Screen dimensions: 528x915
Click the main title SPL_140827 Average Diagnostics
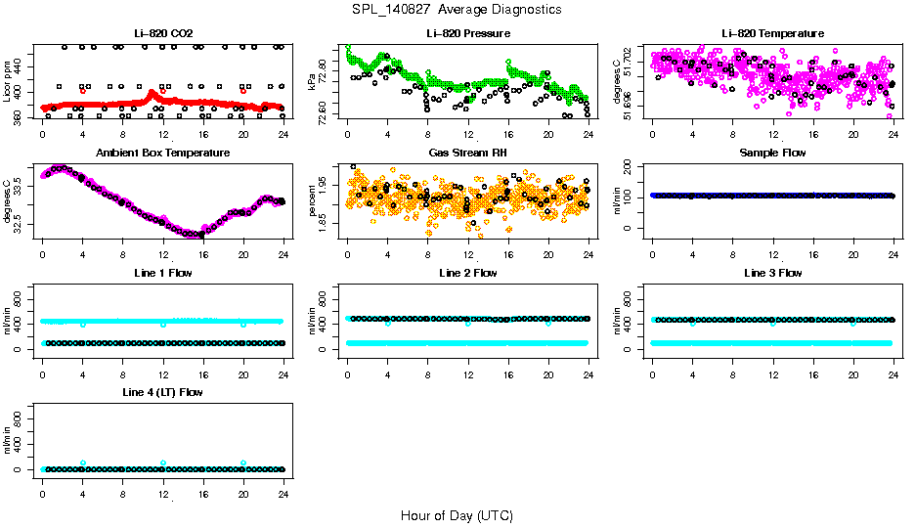(457, 9)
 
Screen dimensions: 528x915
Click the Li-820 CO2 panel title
(163, 33)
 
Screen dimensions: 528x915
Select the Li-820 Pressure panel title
(468, 33)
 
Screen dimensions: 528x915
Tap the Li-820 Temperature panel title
(773, 33)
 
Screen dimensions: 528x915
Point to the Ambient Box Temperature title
(163, 154)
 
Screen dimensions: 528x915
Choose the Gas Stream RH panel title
(468, 154)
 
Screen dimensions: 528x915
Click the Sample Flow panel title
(773, 154)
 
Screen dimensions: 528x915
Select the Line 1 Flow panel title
(163, 273)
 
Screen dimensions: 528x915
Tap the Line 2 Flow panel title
(468, 273)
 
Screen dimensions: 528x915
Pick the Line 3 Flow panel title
(773, 273)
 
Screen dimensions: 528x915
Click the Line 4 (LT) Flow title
(163, 392)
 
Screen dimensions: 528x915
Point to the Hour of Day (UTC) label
(457, 515)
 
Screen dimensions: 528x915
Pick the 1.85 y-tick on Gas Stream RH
(327, 225)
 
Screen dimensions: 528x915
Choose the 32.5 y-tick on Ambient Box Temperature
(21, 225)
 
